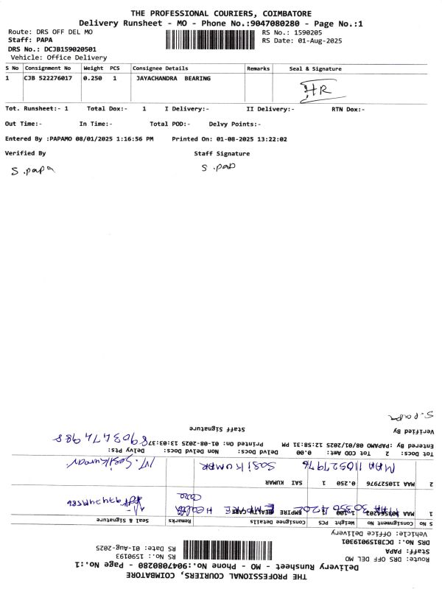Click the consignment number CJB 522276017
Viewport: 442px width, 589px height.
(49, 78)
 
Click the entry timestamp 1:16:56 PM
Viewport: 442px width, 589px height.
(130, 138)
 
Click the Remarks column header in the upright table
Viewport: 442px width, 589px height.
(258, 68)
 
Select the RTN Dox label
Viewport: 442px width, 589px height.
(343, 109)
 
